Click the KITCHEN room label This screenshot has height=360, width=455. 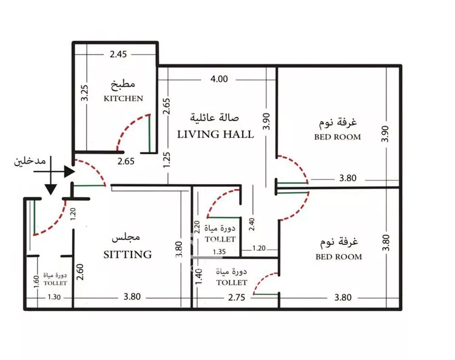click(123, 99)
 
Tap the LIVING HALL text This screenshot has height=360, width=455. click(215, 135)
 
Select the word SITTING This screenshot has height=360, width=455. click(127, 255)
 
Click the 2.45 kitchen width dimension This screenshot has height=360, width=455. click(118, 54)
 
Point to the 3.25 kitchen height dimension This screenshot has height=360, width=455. click(84, 93)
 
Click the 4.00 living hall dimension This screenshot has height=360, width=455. click(219, 79)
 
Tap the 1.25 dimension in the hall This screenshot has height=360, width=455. click(167, 160)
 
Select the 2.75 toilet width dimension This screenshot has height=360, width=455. click(237, 298)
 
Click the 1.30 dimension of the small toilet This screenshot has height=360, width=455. click(54, 297)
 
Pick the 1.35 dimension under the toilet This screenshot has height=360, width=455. click(219, 252)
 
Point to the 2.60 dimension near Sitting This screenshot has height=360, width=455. click(80, 272)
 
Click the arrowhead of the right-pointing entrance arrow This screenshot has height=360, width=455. click(70, 172)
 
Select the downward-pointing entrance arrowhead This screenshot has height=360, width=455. click(51, 189)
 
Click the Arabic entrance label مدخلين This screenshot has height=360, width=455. click(30, 161)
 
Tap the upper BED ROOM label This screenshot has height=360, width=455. click(337, 137)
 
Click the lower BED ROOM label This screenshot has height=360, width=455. click(339, 257)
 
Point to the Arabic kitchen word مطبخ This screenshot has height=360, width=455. click(123, 84)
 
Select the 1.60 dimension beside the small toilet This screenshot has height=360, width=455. click(36, 282)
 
